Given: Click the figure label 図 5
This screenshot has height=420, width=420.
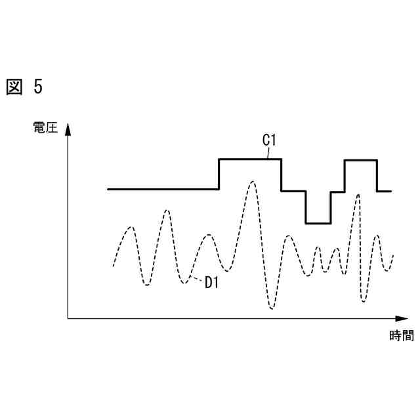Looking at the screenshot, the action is (24, 87).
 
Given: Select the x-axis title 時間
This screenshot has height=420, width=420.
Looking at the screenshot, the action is (401, 336).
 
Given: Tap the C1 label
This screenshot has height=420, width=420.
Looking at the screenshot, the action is (269, 140).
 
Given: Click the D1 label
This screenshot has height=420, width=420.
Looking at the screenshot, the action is (211, 283).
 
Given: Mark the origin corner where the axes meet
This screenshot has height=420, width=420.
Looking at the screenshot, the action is (68, 318).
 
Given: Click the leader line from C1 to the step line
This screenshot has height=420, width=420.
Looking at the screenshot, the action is (268, 153).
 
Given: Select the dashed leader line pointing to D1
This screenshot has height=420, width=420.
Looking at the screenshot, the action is (196, 280).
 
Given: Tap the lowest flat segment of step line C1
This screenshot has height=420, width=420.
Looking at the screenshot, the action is (318, 223).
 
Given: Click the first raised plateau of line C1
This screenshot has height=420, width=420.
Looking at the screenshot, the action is (250, 159).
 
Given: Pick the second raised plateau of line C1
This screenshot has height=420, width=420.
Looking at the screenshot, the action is (360, 160).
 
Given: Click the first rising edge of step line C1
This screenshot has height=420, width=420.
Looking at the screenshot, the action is (219, 174).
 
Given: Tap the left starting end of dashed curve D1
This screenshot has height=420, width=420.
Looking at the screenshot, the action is (114, 266).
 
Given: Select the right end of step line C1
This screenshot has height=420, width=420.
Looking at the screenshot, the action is (390, 191).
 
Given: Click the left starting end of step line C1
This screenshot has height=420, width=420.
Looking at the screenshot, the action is (108, 189).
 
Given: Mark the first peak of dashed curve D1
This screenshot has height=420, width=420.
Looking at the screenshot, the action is (131, 227).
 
